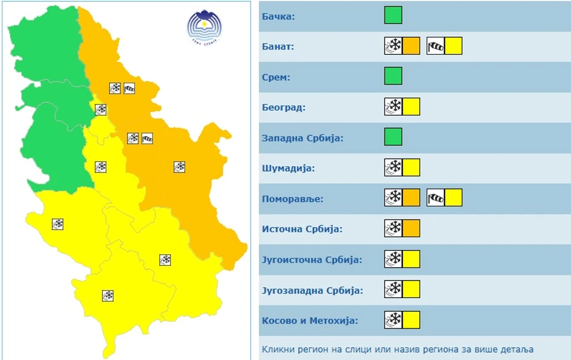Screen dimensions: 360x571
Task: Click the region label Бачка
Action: pyautogui.click(x=278, y=16)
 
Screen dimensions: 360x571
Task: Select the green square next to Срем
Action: pyautogui.click(x=393, y=76)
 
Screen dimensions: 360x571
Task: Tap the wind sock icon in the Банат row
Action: pyautogui.click(x=436, y=46)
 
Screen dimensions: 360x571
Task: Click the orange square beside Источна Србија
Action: pyautogui.click(x=411, y=228)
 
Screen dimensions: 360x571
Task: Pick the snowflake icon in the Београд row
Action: pyautogui.click(x=394, y=107)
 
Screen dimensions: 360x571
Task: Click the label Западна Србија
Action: pyautogui.click(x=303, y=138)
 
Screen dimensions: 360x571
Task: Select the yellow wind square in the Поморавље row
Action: pyautogui.click(x=454, y=198)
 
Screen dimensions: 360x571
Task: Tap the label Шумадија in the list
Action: pyautogui.click(x=288, y=168)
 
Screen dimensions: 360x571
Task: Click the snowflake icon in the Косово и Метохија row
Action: pyautogui.click(x=394, y=319)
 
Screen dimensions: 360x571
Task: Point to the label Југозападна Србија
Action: pyautogui.click(x=312, y=290)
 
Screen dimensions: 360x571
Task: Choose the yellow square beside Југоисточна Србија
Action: pyautogui.click(x=411, y=259)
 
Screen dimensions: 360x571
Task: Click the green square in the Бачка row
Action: pyautogui.click(x=393, y=15)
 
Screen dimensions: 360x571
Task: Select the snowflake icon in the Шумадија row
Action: pyautogui.click(x=394, y=168)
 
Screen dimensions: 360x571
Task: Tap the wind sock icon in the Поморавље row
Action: pyautogui.click(x=436, y=198)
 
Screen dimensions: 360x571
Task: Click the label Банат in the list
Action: pyautogui.click(x=278, y=46)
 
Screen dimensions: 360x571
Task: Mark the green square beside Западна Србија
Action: pyautogui.click(x=393, y=137)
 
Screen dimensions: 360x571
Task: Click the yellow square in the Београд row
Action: pyautogui.click(x=411, y=107)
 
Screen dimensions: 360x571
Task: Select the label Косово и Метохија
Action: pyautogui.click(x=310, y=321)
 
